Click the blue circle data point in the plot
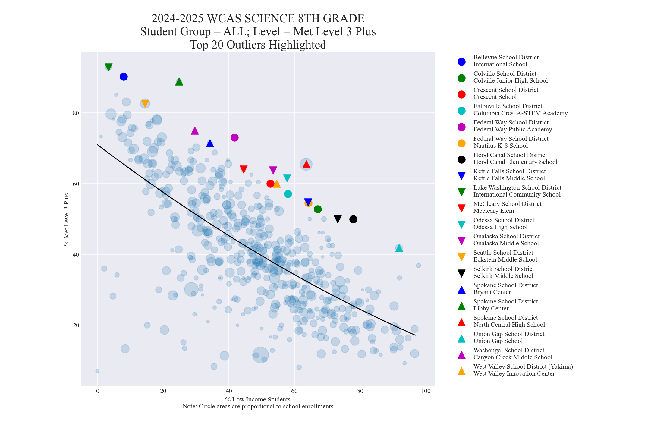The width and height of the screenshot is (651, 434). [x=124, y=77]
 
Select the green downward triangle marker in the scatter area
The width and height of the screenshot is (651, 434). [x=108, y=67]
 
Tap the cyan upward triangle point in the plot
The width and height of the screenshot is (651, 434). [x=399, y=248]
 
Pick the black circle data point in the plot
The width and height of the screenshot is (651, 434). [x=353, y=219]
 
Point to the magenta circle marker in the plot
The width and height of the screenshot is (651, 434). [x=234, y=137]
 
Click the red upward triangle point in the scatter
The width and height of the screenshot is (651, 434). [x=306, y=164]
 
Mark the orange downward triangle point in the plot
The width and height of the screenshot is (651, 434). [x=145, y=104]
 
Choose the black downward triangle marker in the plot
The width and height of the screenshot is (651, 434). [x=338, y=219]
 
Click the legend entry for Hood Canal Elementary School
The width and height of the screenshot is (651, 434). [x=515, y=159]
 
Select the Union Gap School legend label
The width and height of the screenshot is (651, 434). [x=509, y=338]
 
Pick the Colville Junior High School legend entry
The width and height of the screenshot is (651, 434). [x=510, y=77]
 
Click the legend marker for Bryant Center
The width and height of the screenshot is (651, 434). [x=461, y=290]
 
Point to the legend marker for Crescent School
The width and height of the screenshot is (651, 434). [x=461, y=94]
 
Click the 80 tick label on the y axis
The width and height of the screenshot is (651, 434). [x=75, y=113]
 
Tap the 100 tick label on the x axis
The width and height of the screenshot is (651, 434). [x=426, y=391]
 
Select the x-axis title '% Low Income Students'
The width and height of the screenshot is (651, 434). [x=258, y=399]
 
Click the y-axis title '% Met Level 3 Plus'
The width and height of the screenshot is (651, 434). [x=67, y=219]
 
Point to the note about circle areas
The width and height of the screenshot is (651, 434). [x=258, y=406]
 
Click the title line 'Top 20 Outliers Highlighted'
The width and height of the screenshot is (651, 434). [x=258, y=45]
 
